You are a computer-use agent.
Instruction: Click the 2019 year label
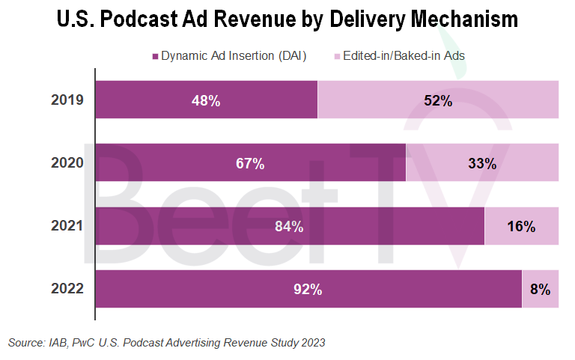[x=67, y=100]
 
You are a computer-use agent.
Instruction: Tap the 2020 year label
[x=67, y=162]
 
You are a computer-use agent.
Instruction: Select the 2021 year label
[x=67, y=225]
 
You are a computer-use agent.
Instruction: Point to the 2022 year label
[x=67, y=288]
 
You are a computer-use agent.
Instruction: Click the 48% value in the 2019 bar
[x=205, y=100]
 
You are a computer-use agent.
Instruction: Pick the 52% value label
[x=438, y=100]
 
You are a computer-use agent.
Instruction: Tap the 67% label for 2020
[x=250, y=163]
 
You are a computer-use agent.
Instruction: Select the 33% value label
[x=482, y=163]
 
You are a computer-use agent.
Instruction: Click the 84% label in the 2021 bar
[x=289, y=226]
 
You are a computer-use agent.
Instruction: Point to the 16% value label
[x=521, y=226]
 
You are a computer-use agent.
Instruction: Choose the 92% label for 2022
[x=308, y=289]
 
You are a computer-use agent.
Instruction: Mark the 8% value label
[x=540, y=289]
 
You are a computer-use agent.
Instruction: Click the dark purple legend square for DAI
[x=156, y=56]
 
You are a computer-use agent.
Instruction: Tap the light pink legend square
[x=338, y=56]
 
